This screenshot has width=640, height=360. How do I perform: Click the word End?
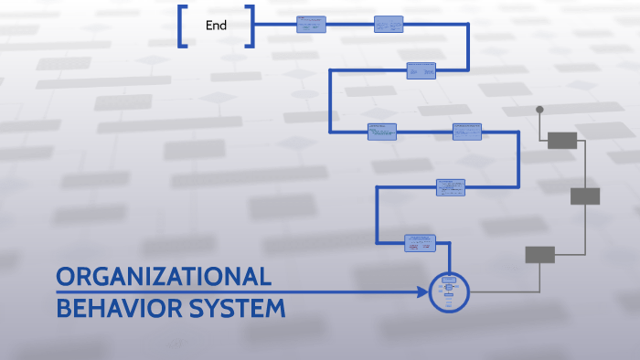[216, 26]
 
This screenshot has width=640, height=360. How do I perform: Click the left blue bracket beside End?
[183, 26]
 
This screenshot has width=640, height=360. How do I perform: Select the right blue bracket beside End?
[250, 26]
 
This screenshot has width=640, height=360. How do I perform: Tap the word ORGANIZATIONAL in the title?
[164, 277]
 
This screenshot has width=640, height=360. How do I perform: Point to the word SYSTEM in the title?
[237, 309]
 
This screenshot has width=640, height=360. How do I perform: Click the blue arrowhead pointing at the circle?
[422, 292]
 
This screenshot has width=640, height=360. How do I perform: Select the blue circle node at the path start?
[449, 292]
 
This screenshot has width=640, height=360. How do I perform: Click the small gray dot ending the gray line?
[539, 110]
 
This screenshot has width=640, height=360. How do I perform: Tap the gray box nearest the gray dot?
[562, 140]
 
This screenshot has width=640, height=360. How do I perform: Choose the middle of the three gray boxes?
[585, 196]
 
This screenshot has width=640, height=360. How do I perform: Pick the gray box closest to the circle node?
[539, 255]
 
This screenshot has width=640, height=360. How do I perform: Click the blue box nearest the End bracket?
[311, 25]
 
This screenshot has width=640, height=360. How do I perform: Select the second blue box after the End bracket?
[388, 25]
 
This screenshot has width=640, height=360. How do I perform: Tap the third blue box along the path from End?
[421, 70]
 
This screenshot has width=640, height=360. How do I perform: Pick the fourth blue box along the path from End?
[381, 132]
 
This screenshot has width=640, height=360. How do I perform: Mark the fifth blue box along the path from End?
[467, 132]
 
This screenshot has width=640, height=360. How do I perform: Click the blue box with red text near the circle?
[420, 243]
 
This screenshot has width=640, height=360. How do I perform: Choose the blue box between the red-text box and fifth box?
[450, 187]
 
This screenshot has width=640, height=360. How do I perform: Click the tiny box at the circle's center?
[449, 280]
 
